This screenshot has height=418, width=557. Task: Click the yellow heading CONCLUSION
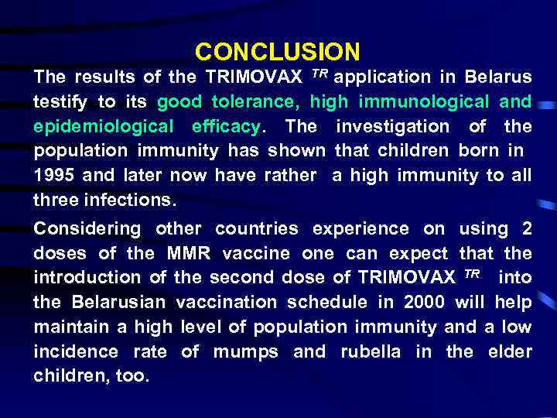[278, 52]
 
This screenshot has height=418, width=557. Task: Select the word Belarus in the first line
[498, 77]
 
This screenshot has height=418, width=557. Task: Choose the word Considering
[87, 228]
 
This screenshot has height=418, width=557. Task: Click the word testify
[59, 102]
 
